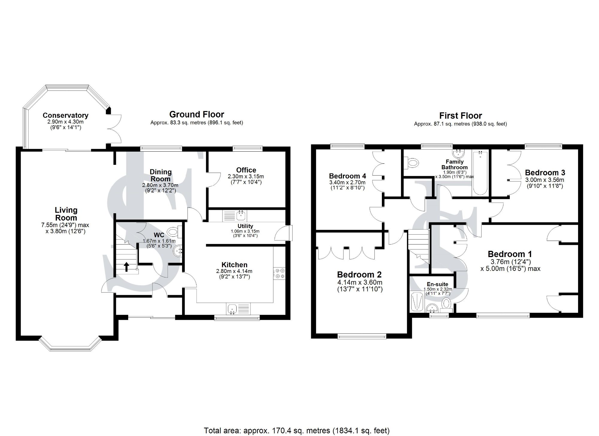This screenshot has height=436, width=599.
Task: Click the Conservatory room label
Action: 65,115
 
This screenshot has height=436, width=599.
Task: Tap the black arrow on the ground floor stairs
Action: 126,266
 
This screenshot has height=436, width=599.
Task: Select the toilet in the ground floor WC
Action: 173,232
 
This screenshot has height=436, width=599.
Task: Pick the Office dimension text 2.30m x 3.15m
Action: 246,176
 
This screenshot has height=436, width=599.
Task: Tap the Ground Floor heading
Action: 196,114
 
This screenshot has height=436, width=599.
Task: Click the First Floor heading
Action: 460,116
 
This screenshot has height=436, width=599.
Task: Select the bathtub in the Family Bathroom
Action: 480,173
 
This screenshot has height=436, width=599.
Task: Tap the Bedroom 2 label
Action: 359,274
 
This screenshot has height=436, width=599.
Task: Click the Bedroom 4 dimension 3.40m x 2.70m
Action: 347,182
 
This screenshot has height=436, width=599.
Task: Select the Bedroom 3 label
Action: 545,173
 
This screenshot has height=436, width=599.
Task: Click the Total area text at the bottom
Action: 297,431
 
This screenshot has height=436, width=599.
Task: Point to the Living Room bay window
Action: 69,345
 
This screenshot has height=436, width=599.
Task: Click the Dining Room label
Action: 161,175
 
